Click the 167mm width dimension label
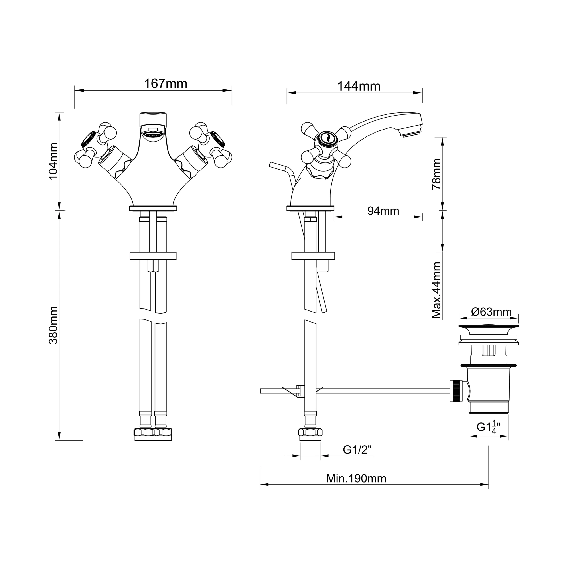(166, 84)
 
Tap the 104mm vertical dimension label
(53, 161)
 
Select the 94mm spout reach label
(383, 211)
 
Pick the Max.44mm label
(437, 290)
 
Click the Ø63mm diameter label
(491, 312)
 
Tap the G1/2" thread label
(357, 450)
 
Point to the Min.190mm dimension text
(356, 478)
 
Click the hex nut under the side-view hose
(310, 432)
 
